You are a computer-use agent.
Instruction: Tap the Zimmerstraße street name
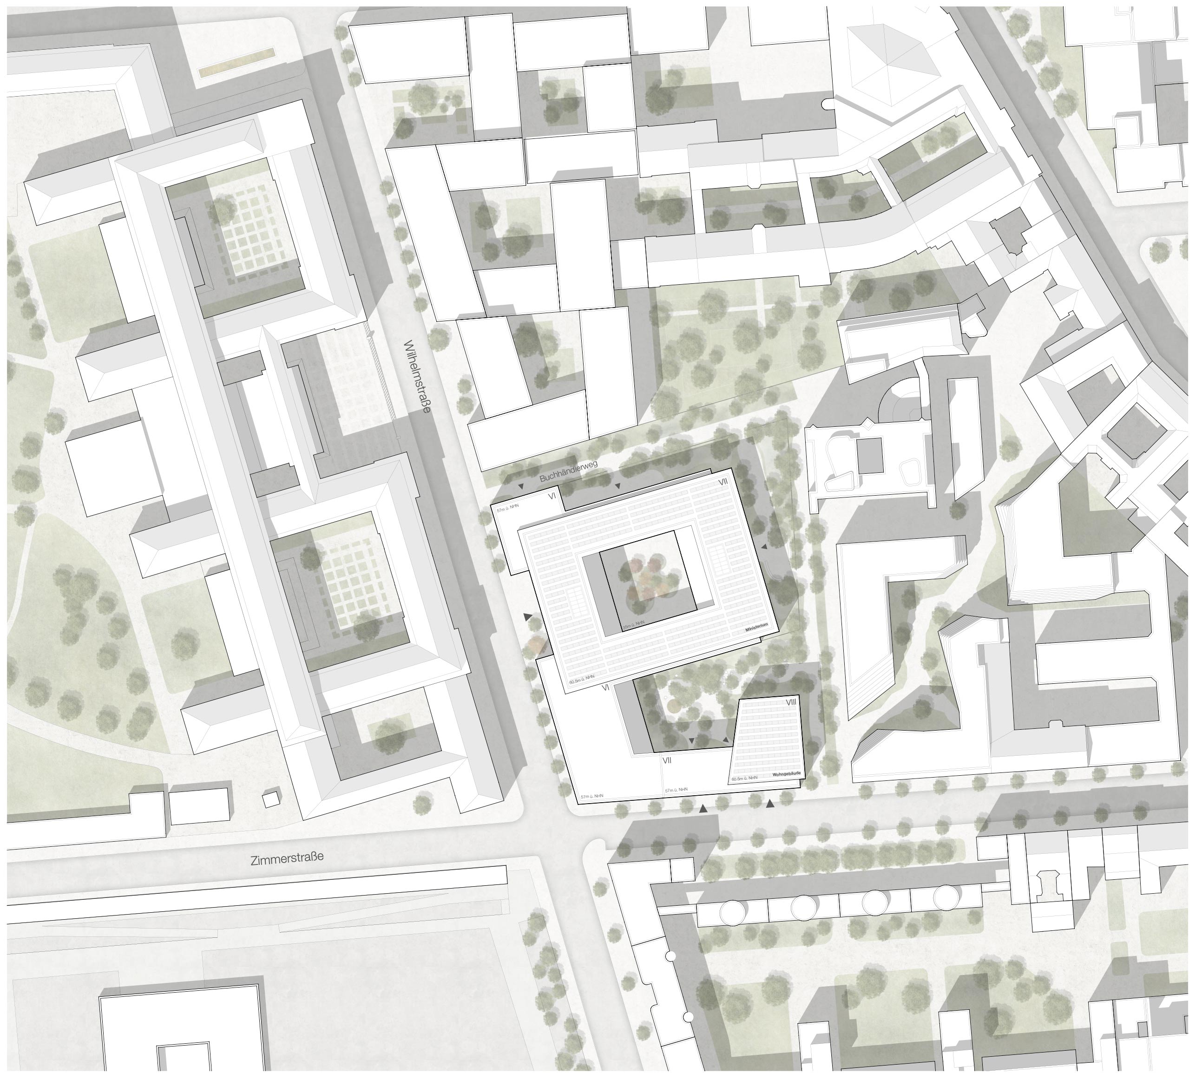point(287,858)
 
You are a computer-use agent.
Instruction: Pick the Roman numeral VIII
point(790,703)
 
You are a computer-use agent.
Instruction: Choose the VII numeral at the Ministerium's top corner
point(723,482)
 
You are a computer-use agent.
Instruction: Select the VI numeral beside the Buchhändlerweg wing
point(552,496)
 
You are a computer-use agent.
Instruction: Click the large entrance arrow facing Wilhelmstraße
point(527,616)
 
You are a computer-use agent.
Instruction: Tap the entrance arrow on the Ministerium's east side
point(764,548)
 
